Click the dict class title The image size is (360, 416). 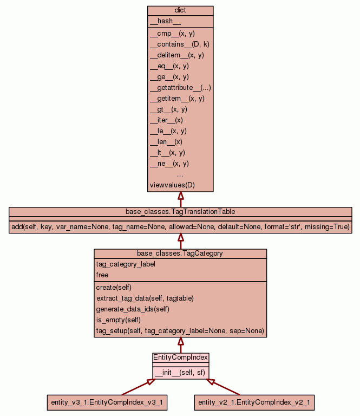(180, 11)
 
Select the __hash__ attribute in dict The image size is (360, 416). (161, 21)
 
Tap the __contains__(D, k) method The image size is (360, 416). (179, 44)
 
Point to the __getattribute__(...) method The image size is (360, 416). (180, 88)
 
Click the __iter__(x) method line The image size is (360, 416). (166, 120)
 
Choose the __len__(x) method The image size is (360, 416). (166, 142)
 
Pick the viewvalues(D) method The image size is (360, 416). (172, 185)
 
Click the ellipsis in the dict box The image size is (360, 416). (180, 174)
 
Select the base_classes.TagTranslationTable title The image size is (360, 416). (180, 211)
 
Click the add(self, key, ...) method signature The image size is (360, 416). (180, 226)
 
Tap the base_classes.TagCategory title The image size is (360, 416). (180, 253)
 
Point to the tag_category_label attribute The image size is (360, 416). (126, 264)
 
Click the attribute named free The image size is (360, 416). (102, 275)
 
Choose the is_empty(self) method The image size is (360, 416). (119, 320)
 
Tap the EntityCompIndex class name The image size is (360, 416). (180, 357)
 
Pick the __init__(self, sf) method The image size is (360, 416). (180, 373)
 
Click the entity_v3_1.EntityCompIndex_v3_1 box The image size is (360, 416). (107, 402)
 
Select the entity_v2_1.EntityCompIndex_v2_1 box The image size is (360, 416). (254, 402)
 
